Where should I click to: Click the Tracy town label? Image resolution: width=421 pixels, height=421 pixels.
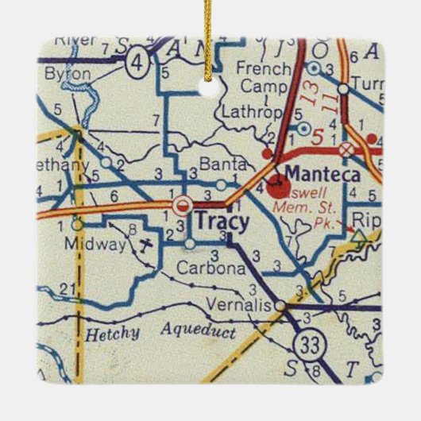222,220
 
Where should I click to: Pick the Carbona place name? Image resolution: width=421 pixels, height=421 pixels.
212,268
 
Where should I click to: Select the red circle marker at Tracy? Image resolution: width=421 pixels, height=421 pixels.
183,205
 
